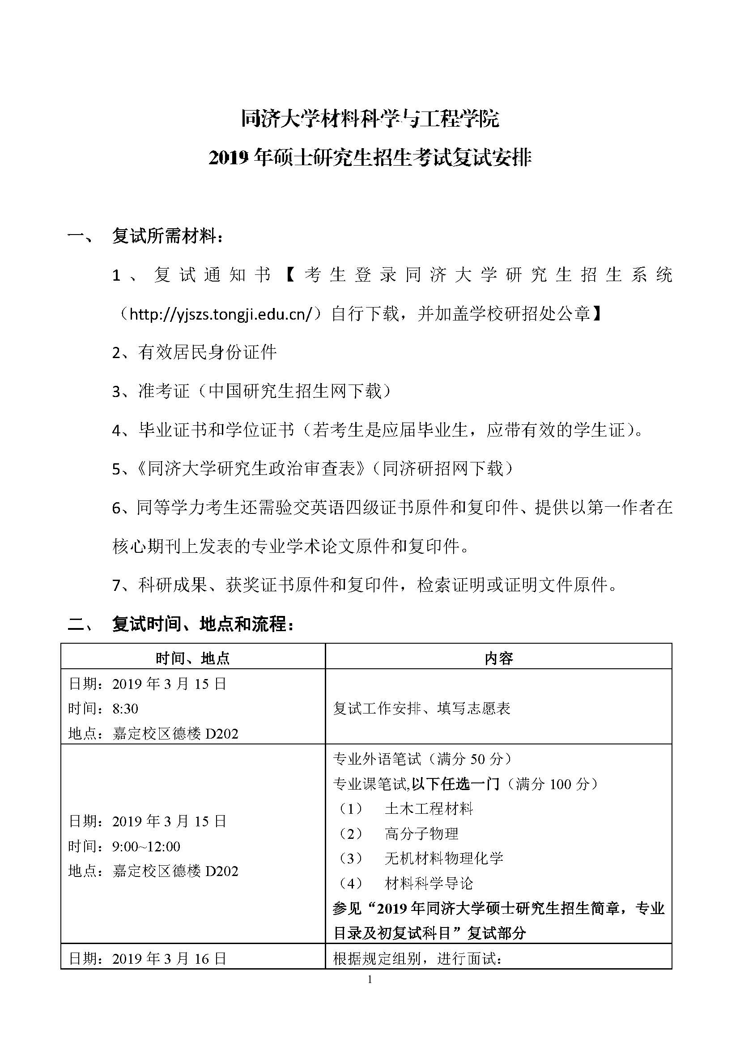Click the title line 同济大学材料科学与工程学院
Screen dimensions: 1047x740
tap(370, 120)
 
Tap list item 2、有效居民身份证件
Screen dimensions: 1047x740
tap(195, 352)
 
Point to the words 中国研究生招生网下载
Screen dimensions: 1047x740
tap(294, 391)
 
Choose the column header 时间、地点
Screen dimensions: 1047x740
tap(193, 658)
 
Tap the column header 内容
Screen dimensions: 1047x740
tap(498, 658)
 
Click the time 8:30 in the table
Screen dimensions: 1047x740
tap(125, 709)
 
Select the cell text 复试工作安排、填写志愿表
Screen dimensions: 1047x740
tap(422, 709)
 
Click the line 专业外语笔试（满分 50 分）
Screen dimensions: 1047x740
tap(423, 759)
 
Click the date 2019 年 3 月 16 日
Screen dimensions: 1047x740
tap(169, 958)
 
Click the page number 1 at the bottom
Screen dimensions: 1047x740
tap(370, 979)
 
